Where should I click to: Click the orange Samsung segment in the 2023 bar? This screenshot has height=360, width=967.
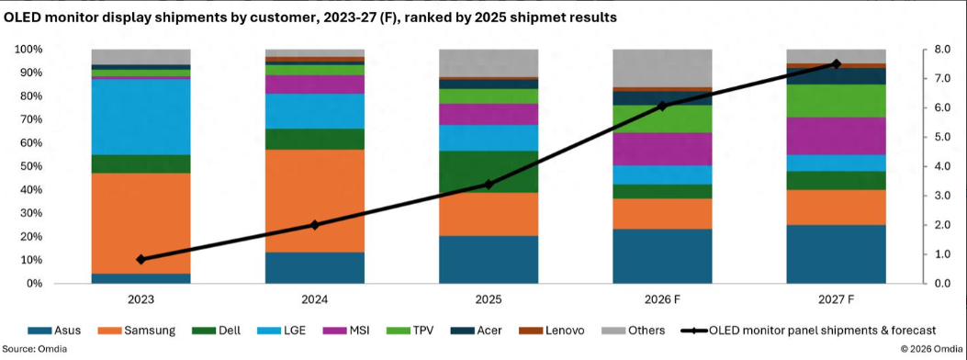[x=141, y=223]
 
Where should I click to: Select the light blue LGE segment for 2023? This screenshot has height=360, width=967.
[x=141, y=118]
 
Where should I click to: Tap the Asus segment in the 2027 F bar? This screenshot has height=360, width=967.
[x=837, y=254]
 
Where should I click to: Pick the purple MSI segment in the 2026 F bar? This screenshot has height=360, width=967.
[x=662, y=149]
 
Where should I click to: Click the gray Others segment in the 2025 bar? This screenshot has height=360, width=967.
[x=489, y=62]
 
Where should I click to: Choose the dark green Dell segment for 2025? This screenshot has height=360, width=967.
[x=489, y=172]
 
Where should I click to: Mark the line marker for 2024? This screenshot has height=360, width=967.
[x=314, y=225]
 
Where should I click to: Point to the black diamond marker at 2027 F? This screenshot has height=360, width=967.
[x=837, y=64]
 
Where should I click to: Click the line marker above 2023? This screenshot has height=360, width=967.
[x=141, y=260]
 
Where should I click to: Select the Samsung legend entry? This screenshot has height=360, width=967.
[x=137, y=331]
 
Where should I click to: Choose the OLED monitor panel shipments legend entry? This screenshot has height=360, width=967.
[x=809, y=331]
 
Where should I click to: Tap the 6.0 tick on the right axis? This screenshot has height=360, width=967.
[x=940, y=107]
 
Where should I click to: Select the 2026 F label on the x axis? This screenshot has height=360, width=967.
[x=662, y=299]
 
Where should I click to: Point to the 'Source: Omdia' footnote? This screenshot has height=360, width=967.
[x=34, y=349]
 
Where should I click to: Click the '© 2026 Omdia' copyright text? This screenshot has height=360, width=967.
[x=932, y=349]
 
